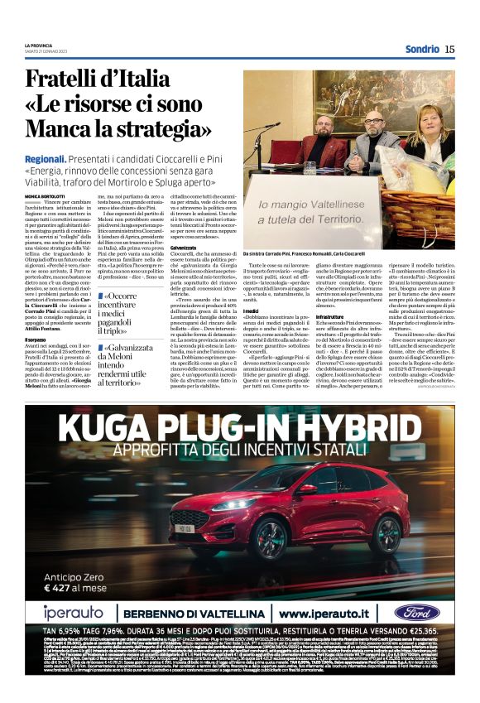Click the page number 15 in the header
click(449, 49)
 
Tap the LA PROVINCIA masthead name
click(40, 45)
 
